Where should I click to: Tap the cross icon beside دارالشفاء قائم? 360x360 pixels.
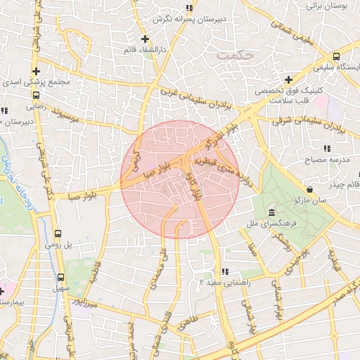click(145, 39)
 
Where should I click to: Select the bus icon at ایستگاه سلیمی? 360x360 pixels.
click(337, 56)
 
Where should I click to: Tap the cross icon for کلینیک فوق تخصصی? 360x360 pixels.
click(288, 79)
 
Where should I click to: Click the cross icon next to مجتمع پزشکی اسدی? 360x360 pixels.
click(35, 71)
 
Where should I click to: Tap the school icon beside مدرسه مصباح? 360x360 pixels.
click(326, 148)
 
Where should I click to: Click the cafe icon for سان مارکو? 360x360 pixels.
click(310, 188)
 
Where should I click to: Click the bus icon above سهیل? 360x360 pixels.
click(60, 277)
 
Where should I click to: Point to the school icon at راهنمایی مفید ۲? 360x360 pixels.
click(224, 271)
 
